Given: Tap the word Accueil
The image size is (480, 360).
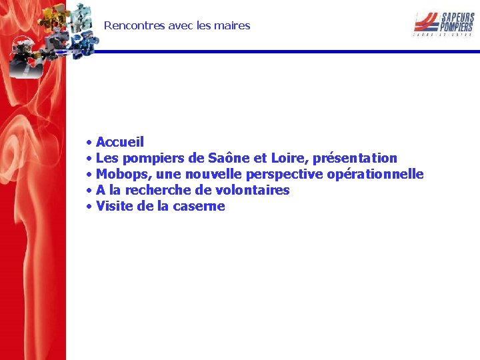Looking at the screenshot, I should pyautogui.click(x=120, y=142).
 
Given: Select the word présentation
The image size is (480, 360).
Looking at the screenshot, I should pyautogui.click(x=355, y=158).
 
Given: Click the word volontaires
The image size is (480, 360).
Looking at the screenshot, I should pyautogui.click(x=252, y=190).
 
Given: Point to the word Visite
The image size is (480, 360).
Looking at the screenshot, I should pyautogui.click(x=115, y=206).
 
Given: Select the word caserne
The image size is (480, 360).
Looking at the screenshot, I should pyautogui.click(x=199, y=206).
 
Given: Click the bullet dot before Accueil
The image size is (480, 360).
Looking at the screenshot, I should pyautogui.click(x=89, y=143).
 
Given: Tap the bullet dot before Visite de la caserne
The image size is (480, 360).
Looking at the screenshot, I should pyautogui.click(x=89, y=207).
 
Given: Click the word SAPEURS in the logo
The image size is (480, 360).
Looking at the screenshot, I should pyautogui.click(x=454, y=17).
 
